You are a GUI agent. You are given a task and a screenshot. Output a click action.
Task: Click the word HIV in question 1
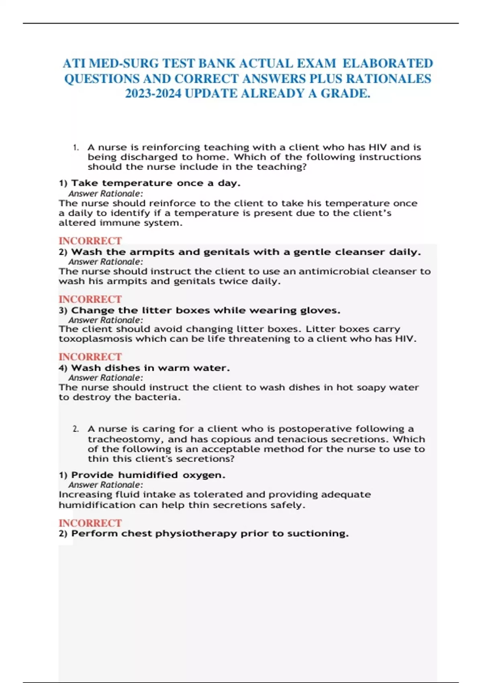(x=378, y=147)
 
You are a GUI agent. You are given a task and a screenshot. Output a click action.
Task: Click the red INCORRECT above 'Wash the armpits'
(x=90, y=241)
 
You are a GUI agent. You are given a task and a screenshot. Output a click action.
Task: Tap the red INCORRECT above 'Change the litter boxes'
(x=90, y=299)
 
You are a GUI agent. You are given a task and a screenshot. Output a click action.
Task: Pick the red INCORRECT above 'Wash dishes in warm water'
(x=90, y=357)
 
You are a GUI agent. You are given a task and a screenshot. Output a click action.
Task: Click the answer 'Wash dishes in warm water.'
(x=150, y=368)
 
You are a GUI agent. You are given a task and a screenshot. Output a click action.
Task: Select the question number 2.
(x=76, y=429)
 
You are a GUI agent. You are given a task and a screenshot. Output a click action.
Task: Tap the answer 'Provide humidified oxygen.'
(x=148, y=475)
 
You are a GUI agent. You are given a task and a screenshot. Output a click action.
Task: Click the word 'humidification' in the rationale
(x=97, y=505)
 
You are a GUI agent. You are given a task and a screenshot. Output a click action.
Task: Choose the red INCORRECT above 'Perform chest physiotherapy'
(x=90, y=523)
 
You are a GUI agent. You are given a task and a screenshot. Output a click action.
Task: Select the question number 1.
(x=76, y=147)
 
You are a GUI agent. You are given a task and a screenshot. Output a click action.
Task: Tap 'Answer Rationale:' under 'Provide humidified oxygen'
(x=106, y=485)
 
